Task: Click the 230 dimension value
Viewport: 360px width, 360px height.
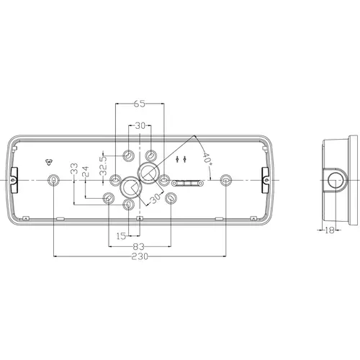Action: coord(140,256)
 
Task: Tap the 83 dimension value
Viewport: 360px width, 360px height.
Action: coord(139,246)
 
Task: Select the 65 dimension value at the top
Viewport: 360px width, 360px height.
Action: coord(140,104)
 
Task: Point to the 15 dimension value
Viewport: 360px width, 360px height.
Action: coord(121,236)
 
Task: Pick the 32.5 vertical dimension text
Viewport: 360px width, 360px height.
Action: coord(103,166)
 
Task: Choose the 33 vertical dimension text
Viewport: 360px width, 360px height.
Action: coord(74,168)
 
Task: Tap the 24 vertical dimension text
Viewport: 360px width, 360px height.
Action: coord(86,171)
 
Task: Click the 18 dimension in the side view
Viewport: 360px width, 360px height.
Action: coord(330,230)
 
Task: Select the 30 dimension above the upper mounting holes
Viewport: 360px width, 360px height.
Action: coord(140,125)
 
